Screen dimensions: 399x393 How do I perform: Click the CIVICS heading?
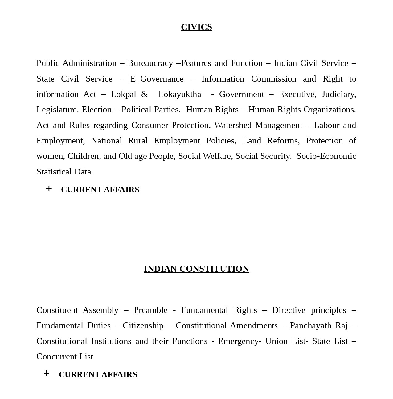pos(196,27)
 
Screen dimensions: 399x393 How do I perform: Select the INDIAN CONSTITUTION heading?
pos(196,269)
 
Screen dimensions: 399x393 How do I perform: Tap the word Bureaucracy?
pos(150,63)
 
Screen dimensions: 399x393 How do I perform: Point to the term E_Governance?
pos(157,79)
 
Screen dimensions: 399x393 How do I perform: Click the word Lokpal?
pos(123,94)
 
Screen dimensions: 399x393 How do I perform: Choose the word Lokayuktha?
pos(180,94)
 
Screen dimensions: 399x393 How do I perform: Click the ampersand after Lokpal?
pos(145,94)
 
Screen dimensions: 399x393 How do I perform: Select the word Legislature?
pos(57,110)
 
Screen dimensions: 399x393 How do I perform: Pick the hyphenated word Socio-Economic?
pos(326,156)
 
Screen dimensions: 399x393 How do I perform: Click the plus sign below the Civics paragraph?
pos(49,189)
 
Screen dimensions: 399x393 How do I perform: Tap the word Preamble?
pos(150,310)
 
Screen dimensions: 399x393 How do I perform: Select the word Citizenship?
pos(143,325)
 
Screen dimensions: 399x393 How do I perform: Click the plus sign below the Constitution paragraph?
pos(47,373)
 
